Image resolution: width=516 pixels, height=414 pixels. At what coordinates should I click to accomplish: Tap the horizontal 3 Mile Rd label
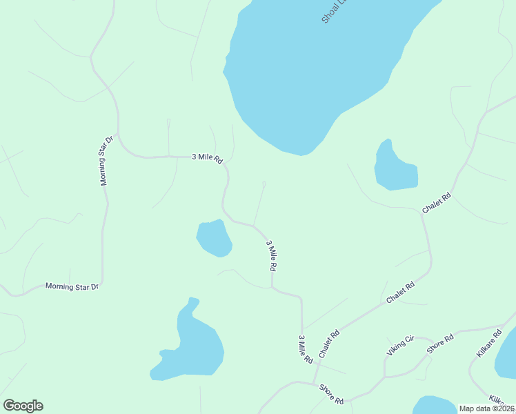(207, 158)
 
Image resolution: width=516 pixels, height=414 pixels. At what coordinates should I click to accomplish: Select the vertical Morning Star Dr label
(103, 162)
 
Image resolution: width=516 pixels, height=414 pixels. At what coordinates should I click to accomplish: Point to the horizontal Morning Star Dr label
(72, 286)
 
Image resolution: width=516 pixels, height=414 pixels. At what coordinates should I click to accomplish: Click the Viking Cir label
(399, 345)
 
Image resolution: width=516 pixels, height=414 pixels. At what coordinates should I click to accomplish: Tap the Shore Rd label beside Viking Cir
(439, 344)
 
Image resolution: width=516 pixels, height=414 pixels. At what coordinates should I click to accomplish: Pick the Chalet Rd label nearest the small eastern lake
(437, 202)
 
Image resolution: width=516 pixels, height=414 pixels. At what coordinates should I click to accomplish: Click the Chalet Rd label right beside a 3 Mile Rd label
(330, 343)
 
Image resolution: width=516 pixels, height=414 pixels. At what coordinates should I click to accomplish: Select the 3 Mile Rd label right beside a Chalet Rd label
(305, 349)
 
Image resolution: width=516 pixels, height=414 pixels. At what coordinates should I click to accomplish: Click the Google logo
(23, 406)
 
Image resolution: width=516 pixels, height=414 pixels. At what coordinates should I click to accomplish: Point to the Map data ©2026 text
(487, 408)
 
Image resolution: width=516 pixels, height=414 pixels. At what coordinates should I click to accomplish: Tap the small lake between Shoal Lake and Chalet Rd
(395, 168)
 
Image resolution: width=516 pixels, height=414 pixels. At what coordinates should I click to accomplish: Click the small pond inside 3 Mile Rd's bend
(214, 238)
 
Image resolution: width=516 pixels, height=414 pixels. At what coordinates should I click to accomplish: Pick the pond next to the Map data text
(433, 405)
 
